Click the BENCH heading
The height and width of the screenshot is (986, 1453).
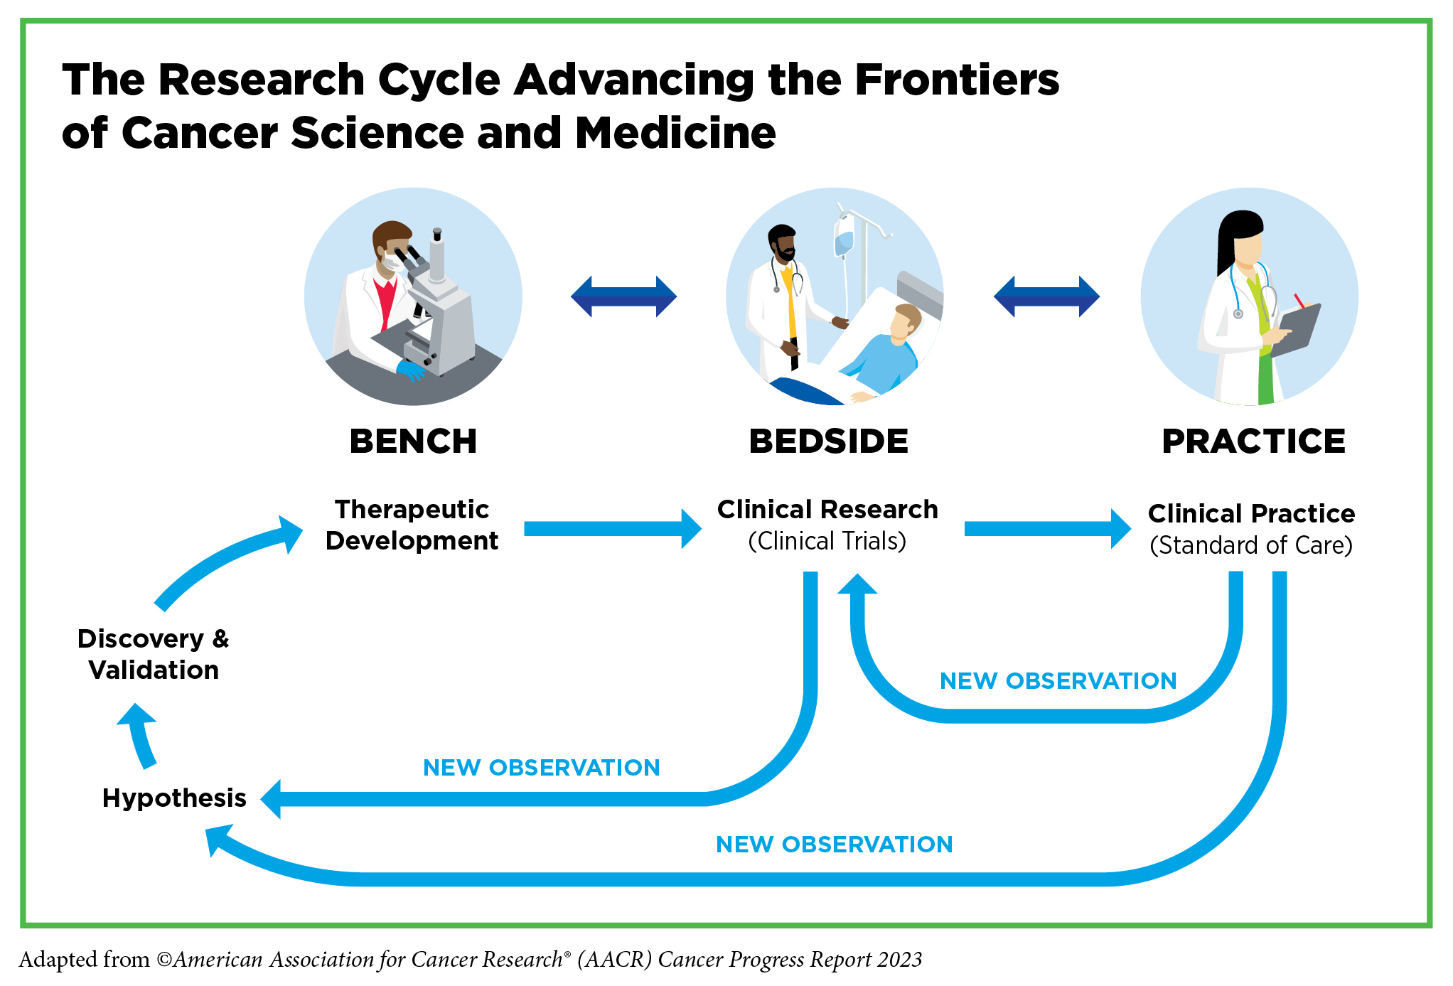(413, 441)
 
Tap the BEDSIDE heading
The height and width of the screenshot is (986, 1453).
(828, 441)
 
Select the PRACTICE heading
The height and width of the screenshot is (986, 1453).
(1253, 441)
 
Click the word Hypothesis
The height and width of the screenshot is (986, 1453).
(174, 798)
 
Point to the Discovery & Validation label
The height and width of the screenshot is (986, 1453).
(154, 654)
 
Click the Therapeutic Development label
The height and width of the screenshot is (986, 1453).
(412, 525)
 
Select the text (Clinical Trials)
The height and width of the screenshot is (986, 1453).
(827, 542)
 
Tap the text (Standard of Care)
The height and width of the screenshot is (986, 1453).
(1251, 545)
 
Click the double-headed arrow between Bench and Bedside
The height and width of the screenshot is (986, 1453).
(623, 296)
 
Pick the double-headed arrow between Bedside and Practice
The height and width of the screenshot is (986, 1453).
(1046, 296)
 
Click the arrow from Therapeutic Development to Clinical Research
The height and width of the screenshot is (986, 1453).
(611, 529)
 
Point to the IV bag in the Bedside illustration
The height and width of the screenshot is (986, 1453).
(844, 238)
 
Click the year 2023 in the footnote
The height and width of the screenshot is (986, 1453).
(899, 960)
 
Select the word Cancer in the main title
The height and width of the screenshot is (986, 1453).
(199, 133)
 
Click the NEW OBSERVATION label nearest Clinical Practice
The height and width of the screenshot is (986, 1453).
(1058, 681)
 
